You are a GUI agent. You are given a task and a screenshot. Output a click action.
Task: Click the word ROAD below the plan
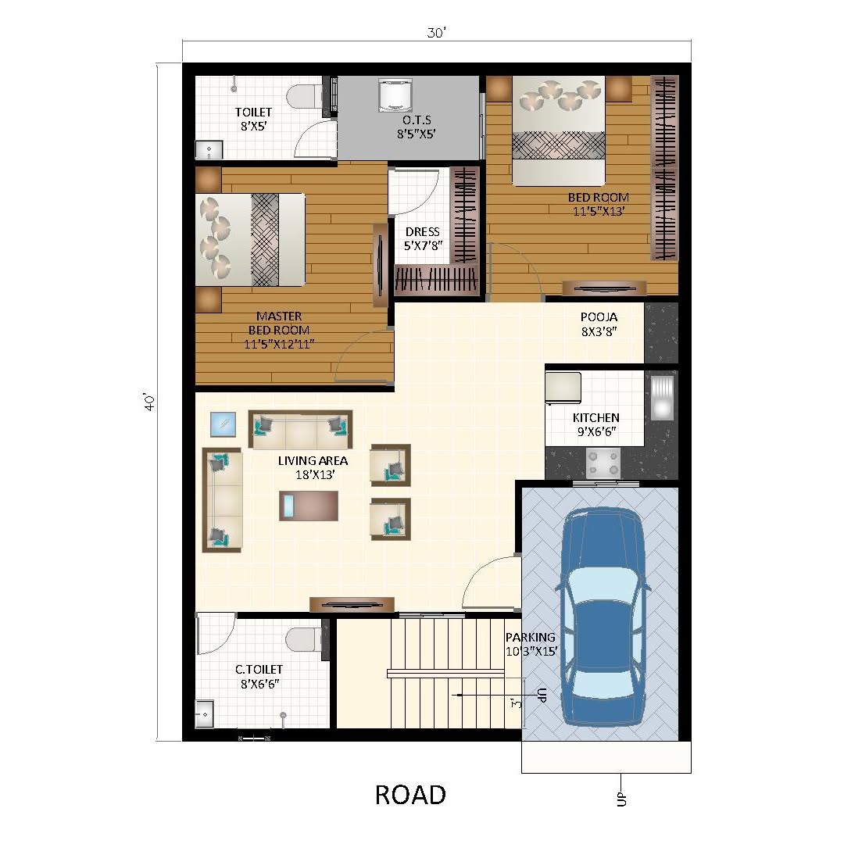point(410,795)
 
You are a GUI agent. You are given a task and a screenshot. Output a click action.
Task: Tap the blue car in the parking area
point(603,617)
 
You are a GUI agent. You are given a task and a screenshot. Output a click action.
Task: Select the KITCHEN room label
point(595,417)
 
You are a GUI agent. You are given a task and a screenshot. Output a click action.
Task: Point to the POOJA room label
point(599,317)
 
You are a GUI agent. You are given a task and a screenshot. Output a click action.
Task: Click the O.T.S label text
point(417,120)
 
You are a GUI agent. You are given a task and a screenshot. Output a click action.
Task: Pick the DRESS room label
point(423,232)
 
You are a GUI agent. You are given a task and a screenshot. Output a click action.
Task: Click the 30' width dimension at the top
point(437,33)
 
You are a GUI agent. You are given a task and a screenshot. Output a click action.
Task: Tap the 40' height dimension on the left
point(149,402)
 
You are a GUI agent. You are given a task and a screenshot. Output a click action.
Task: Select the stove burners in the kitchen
point(603,463)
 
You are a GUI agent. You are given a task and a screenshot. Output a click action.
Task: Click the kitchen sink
point(662,398)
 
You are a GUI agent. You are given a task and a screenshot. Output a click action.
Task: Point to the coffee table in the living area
point(309,506)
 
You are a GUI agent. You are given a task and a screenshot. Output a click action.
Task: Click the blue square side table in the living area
point(223,424)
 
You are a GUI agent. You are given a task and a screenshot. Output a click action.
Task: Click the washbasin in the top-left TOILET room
point(209,149)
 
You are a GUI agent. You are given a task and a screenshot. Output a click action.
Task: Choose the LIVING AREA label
point(313,461)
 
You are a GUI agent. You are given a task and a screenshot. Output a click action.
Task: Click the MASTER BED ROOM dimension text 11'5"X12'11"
point(279,345)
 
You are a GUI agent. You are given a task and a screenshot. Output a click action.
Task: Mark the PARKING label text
point(530,638)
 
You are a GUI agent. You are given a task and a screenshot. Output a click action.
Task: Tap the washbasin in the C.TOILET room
point(205,714)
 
